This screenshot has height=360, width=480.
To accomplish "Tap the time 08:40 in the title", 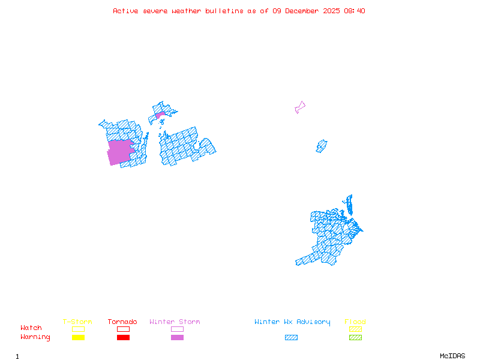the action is click(x=354, y=11).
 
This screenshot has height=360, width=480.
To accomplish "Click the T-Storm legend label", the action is click(x=77, y=322).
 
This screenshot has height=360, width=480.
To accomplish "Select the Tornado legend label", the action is click(x=122, y=322).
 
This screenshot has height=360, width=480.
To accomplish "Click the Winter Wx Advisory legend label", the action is click(x=292, y=322).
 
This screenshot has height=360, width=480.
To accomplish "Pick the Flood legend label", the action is click(x=355, y=322).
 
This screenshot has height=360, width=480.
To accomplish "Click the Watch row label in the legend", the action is click(x=31, y=328).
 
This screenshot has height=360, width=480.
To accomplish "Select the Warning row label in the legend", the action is click(x=35, y=337).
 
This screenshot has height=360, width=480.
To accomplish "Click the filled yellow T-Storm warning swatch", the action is click(x=78, y=337).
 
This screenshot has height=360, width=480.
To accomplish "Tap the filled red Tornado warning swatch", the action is click(x=123, y=337).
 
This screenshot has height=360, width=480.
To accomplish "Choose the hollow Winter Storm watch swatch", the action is click(x=177, y=329).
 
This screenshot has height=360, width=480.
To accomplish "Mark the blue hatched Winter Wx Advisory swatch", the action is click(x=291, y=337).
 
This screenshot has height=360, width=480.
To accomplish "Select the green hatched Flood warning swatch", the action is click(x=355, y=337).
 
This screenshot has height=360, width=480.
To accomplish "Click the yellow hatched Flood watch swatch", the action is click(x=355, y=329).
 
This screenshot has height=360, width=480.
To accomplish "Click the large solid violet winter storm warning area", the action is click(x=119, y=152).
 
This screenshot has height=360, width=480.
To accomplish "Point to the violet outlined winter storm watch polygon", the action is click(x=299, y=107).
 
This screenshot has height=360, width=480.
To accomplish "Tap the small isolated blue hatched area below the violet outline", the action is click(x=322, y=146).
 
